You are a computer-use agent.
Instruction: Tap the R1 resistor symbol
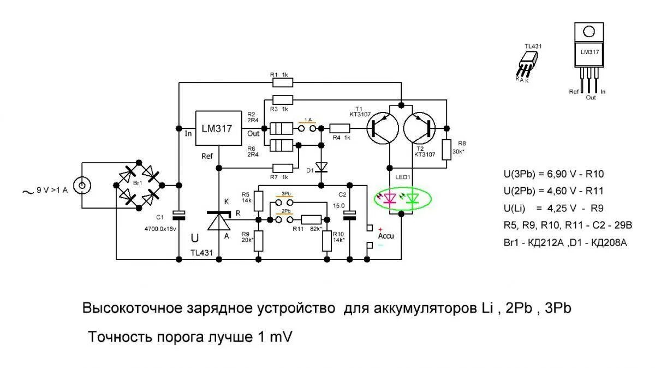pyautogui.click(x=283, y=82)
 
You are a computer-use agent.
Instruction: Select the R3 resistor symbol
pyautogui.click(x=283, y=99)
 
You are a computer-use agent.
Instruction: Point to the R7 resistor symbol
pyautogui.click(x=283, y=167)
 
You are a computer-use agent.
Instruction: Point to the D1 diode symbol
pyautogui.click(x=321, y=166)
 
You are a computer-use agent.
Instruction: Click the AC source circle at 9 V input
pyautogui.click(x=82, y=186)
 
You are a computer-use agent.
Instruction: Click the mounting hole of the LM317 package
pyautogui.click(x=588, y=32)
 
